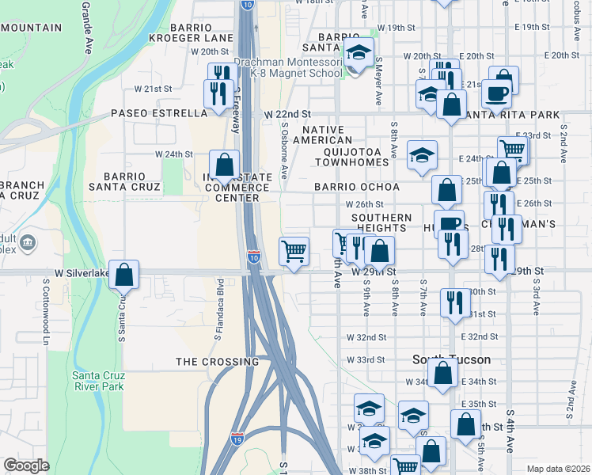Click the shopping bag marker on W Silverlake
click(123, 275)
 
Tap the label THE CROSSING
click(217, 362)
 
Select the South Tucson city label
click(451, 359)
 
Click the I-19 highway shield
click(237, 437)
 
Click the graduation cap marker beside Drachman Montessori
click(359, 53)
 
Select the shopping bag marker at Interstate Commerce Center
click(225, 165)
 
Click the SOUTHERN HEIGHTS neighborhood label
click(381, 222)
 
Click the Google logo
click(26, 465)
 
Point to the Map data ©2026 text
click(558, 469)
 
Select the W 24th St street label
click(173, 154)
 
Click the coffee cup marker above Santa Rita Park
click(496, 93)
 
